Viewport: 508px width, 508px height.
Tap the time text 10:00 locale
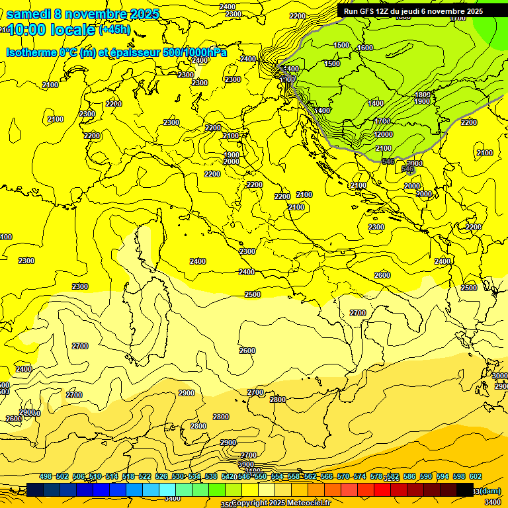tap(51, 30)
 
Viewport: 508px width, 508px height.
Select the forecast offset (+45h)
tap(114, 30)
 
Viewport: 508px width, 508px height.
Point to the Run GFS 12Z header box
tap(413, 11)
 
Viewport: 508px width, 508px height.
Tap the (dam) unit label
tap(490, 490)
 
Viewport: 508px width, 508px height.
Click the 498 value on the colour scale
tap(46, 476)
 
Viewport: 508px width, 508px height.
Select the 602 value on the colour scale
tap(476, 476)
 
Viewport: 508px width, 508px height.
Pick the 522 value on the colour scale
tap(145, 476)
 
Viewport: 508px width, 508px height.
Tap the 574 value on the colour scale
tap(360, 476)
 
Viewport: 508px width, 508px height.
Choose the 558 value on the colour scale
tap(294, 476)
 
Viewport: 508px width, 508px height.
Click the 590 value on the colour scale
tap(426, 476)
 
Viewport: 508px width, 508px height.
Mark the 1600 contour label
tap(365, 48)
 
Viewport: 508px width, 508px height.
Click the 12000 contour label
tap(383, 134)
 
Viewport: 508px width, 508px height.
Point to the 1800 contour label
tap(423, 95)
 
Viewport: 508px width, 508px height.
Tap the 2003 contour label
tap(414, 163)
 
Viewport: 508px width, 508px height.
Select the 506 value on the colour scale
tap(79, 476)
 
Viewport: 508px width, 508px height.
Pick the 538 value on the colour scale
tap(211, 476)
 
